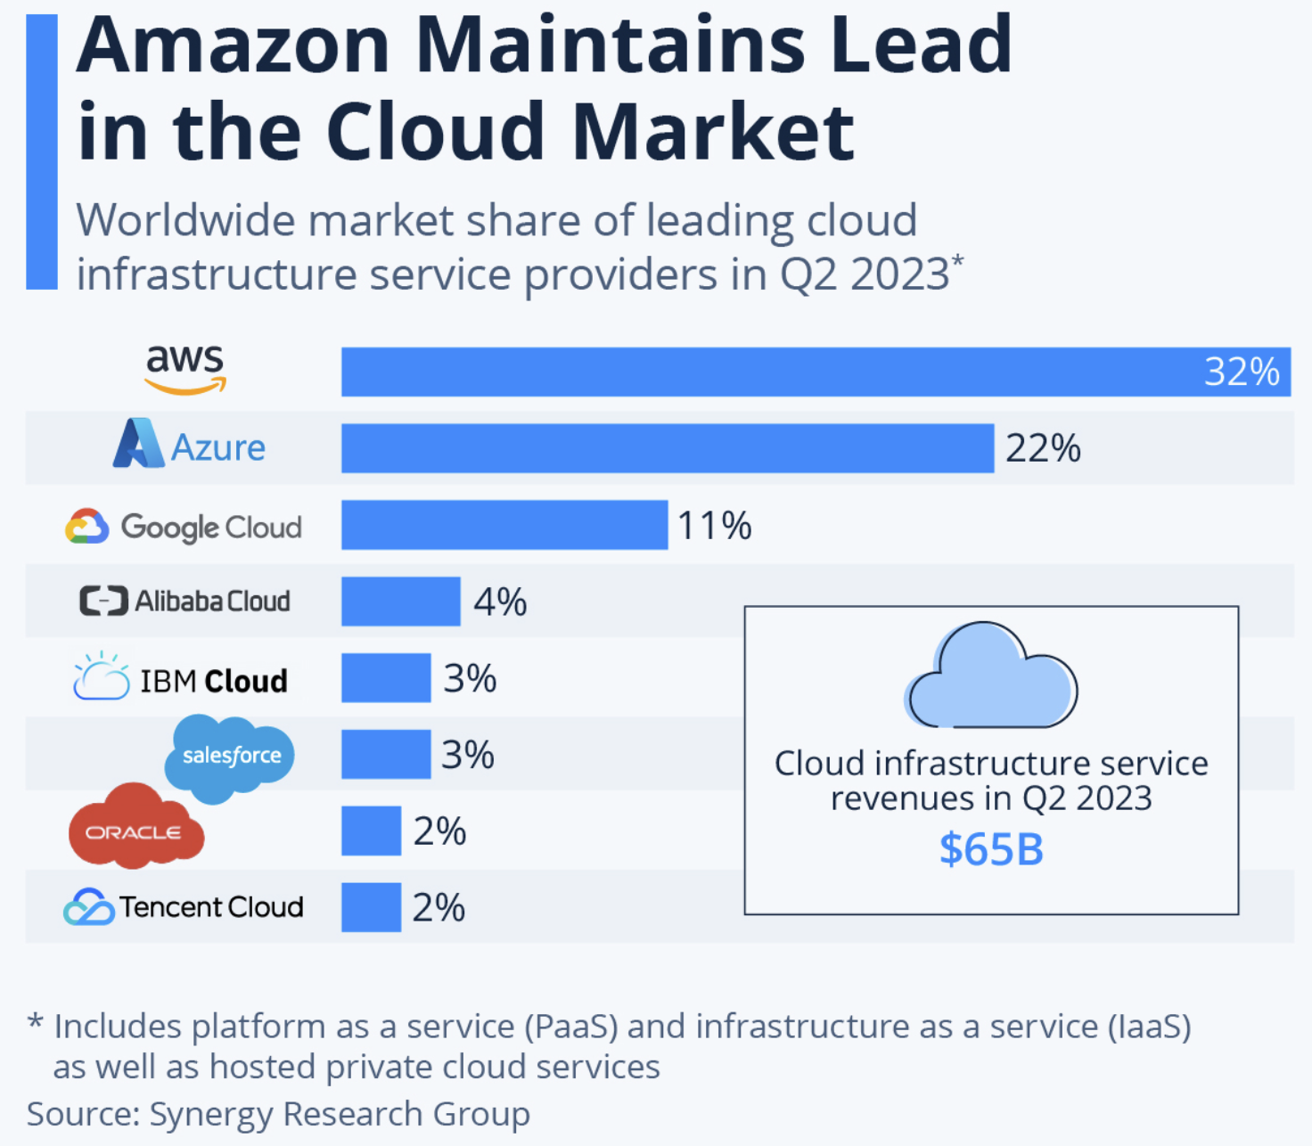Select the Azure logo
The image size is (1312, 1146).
point(189,446)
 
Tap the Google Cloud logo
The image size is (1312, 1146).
point(184,527)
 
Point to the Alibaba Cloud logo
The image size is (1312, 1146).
point(184,602)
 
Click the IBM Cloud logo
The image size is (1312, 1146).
point(181,679)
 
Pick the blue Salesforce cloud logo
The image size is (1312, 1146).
point(229,757)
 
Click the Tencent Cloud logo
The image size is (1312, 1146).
point(184,907)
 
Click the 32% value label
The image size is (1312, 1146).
point(1241,372)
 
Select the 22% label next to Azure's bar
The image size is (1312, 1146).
point(1043,448)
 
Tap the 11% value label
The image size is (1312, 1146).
point(714,525)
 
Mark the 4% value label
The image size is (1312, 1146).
point(500,602)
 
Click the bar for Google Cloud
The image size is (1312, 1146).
point(504,525)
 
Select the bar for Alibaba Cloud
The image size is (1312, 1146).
point(400,602)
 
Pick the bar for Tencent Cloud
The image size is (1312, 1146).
point(371,907)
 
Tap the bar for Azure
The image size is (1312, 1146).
point(667,448)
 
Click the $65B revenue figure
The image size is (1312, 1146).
point(991,849)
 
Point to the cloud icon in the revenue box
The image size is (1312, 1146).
point(991,677)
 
